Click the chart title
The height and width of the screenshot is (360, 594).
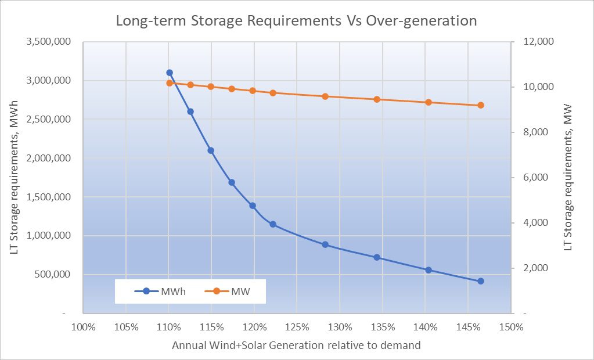(296, 21)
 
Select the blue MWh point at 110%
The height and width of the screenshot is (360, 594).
(170, 73)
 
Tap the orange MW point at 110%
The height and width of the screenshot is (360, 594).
(170, 83)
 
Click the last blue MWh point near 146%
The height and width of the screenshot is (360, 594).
(481, 281)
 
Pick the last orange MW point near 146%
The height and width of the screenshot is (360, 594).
(481, 105)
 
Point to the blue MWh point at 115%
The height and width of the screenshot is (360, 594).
(211, 150)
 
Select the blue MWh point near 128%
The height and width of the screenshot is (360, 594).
(325, 244)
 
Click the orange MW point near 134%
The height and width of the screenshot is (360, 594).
(377, 99)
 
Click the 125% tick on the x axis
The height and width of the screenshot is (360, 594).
(297, 326)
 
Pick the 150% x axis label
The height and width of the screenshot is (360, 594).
(511, 326)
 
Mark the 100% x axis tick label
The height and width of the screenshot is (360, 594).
(83, 326)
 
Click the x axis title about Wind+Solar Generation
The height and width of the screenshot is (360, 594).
(296, 345)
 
